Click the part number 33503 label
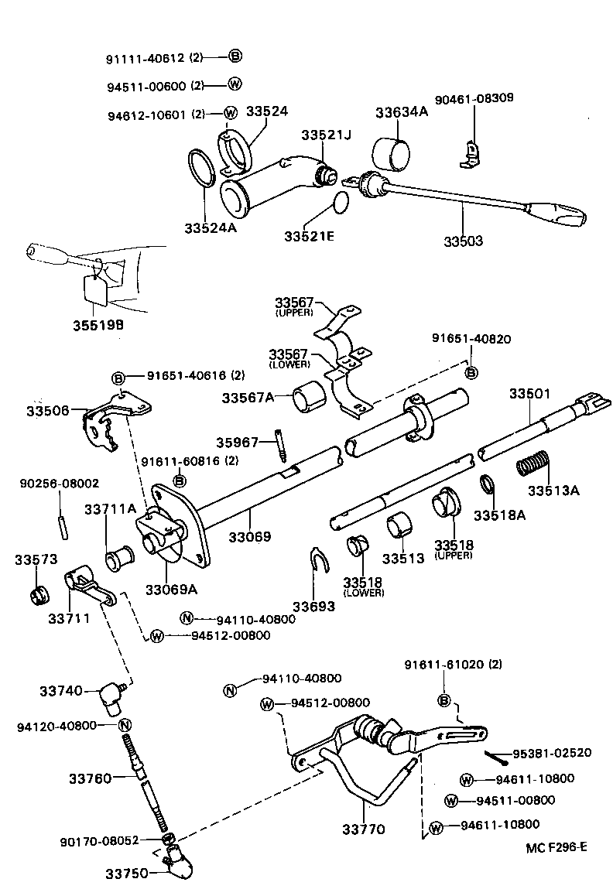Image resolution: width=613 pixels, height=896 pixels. coord(463,241)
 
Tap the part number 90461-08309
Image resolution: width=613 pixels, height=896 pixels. coord(474,98)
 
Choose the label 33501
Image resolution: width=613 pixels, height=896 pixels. coord(529,394)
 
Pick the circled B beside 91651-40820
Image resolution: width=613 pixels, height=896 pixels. coord(471,373)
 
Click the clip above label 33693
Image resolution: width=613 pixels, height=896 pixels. coord(318,560)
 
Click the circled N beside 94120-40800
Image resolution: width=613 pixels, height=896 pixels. coord(125,725)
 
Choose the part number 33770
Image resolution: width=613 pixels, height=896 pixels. coord(363,829)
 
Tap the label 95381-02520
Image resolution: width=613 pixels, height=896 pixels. coord(551,753)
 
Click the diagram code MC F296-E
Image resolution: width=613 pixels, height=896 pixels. coord(556,846)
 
